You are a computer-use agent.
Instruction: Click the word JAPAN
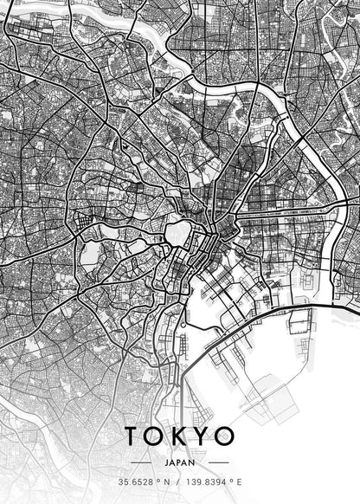coord(180,462)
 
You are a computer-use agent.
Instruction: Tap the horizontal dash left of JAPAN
coord(142,462)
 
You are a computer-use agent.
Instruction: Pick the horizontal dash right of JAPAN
coord(218,462)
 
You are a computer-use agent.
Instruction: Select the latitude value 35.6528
coord(136,481)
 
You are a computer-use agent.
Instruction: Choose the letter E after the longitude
coord(239,481)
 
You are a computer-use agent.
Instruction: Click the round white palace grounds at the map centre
coord(178,231)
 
